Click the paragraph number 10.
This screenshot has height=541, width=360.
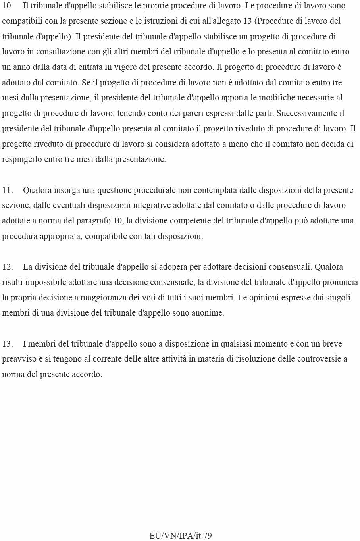tap(8, 6)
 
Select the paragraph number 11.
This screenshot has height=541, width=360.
tap(8, 190)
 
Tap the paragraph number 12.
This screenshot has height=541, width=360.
tap(8, 267)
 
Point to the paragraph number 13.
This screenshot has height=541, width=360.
tap(8, 344)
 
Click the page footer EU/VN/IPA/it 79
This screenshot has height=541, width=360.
tap(180, 535)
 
